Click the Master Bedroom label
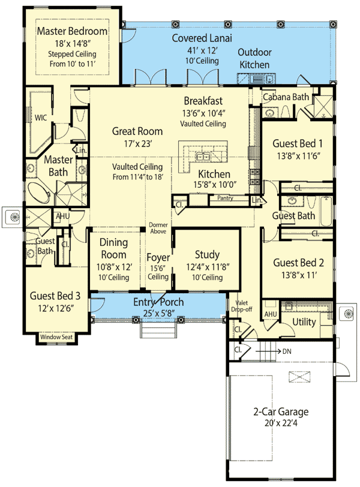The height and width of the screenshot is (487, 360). [x=72, y=31]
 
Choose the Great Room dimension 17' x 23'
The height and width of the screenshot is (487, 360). [x=137, y=143]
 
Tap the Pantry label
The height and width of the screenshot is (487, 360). [x=225, y=197]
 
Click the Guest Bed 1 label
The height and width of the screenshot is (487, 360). [x=298, y=143]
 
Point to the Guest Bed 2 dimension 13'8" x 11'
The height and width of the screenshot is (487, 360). [x=298, y=275]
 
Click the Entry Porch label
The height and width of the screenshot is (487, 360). [x=158, y=302]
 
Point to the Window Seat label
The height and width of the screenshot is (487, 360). [x=55, y=338]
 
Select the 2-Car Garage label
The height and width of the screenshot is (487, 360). [x=280, y=411]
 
